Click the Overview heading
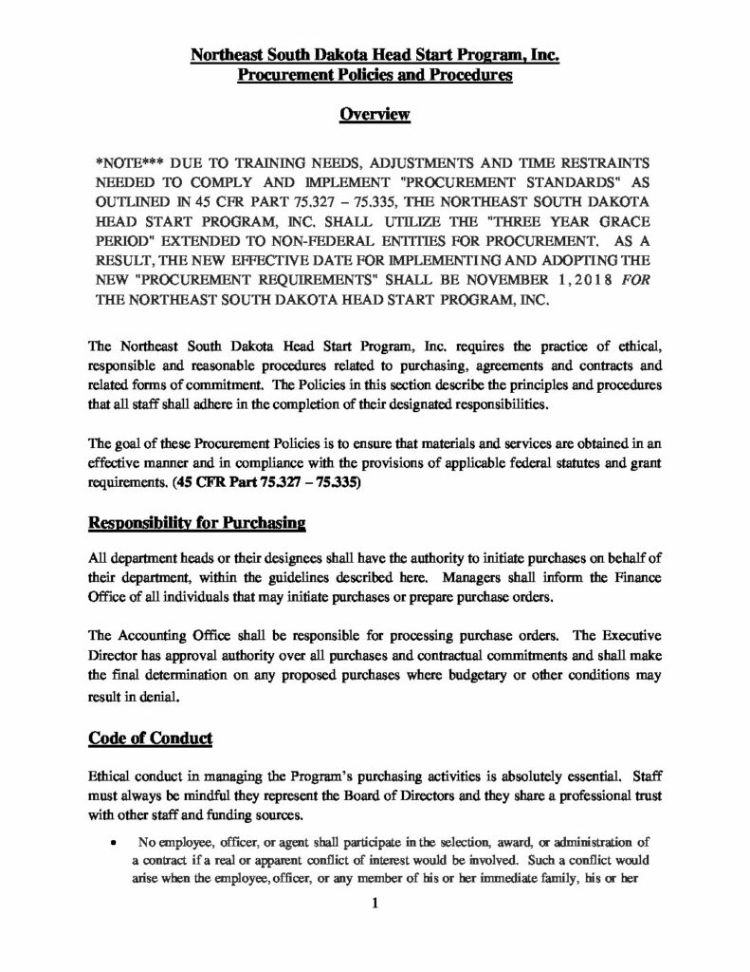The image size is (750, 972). point(374,115)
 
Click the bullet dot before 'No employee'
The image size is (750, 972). point(114,843)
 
